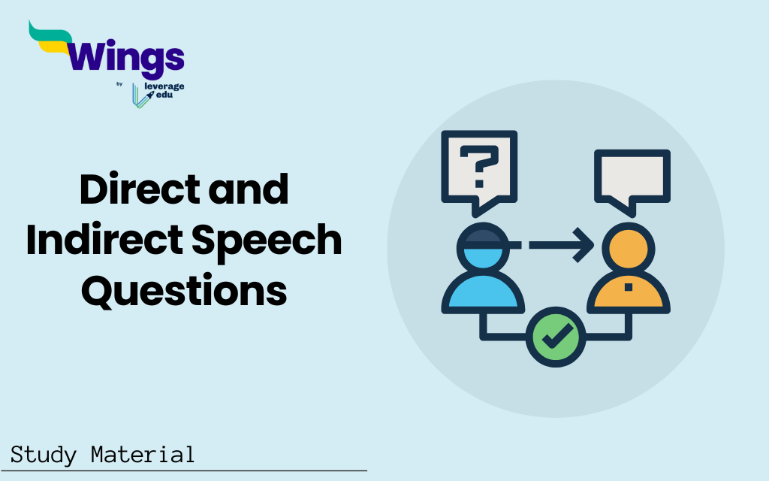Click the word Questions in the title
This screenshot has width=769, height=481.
pyautogui.click(x=184, y=289)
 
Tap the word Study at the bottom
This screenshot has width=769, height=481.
pyautogui.click(x=42, y=455)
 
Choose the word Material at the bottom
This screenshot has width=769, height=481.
pyautogui.click(x=143, y=455)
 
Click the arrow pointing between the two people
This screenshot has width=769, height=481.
pyautogui.click(x=559, y=245)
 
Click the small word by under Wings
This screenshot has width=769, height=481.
pyautogui.click(x=119, y=84)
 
